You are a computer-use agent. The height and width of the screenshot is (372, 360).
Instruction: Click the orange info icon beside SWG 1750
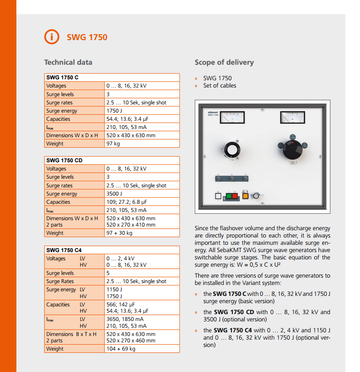point(52,37)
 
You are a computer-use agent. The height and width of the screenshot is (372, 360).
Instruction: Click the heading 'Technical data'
point(68,62)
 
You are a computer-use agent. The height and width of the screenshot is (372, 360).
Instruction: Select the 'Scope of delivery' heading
point(224,62)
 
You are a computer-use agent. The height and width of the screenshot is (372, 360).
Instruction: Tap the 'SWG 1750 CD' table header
point(64,160)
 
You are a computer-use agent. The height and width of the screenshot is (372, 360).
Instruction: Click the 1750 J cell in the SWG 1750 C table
point(114,111)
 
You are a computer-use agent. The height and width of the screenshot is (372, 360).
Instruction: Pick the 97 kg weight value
point(113,144)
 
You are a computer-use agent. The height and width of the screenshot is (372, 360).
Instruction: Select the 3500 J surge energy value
point(114,194)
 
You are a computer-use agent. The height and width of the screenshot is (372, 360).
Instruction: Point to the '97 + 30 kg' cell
point(119,233)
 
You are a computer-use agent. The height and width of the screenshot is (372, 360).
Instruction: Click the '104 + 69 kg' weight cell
point(121,349)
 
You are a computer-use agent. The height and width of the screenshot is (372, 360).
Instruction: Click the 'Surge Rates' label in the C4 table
point(60,281)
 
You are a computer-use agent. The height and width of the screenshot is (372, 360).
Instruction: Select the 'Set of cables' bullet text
point(220,86)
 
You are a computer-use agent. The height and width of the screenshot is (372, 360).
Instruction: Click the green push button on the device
point(229,196)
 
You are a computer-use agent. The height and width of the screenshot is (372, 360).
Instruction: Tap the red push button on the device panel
point(235,196)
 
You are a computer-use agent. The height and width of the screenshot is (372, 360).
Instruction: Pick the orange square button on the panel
point(245,196)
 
